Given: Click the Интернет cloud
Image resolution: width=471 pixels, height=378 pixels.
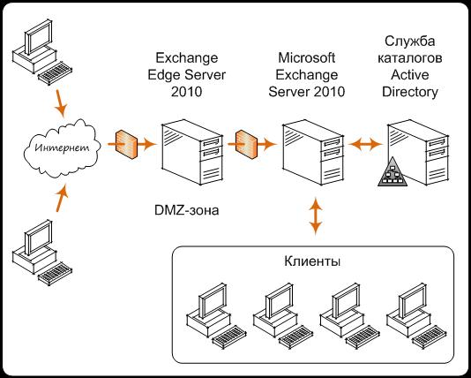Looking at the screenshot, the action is (x=62, y=148).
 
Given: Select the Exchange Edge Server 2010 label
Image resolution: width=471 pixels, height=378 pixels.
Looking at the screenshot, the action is (x=186, y=75).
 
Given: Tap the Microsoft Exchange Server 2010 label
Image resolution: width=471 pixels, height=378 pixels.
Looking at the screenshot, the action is (x=307, y=75).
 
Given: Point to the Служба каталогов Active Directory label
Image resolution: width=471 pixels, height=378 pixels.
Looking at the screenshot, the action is (x=410, y=66).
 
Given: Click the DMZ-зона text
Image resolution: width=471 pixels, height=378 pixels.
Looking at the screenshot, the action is (x=186, y=210).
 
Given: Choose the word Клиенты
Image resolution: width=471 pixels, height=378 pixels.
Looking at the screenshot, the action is (x=312, y=262).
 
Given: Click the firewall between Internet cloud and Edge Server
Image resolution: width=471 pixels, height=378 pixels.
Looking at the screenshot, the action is (x=126, y=144).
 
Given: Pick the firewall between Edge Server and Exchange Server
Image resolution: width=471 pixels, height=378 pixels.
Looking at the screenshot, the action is (x=246, y=144).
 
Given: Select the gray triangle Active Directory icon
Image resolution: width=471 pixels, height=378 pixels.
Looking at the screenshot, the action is (x=392, y=174).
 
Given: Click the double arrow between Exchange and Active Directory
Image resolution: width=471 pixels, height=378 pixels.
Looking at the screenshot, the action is (x=365, y=144).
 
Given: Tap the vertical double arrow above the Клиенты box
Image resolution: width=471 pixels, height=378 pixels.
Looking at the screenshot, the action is (x=316, y=215).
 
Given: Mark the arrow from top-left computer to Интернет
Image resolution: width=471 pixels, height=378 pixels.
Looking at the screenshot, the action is (x=60, y=102).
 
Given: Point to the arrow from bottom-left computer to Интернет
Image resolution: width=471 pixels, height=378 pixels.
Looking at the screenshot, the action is (x=62, y=198).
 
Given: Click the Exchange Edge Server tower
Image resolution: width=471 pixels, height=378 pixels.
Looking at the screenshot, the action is (x=192, y=152).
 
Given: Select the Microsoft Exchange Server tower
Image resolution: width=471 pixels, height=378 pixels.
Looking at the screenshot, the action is (x=313, y=152).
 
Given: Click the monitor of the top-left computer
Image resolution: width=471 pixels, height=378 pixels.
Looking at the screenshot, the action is (x=39, y=37).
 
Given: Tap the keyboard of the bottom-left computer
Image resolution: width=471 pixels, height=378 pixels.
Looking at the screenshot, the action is (x=55, y=274).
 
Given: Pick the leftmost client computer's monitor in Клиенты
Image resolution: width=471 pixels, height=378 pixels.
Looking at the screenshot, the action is (x=213, y=299).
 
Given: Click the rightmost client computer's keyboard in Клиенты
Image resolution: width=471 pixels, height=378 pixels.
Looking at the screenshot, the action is (x=429, y=336).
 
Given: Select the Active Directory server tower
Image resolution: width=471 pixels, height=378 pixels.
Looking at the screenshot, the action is (x=418, y=152).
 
